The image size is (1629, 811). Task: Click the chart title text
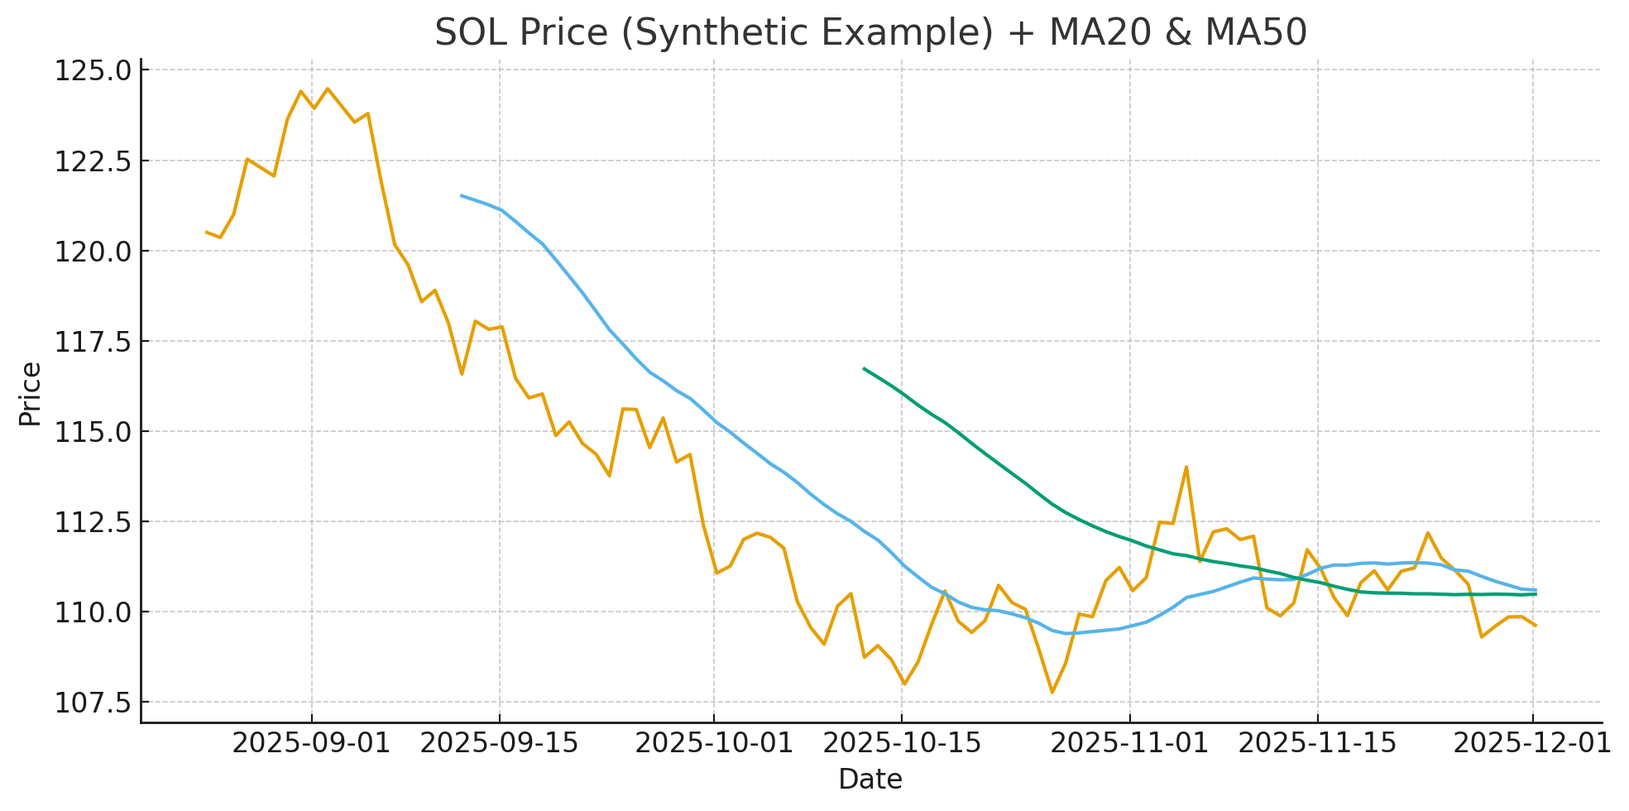click(x=870, y=33)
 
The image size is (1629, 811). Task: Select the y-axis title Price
click(x=30, y=394)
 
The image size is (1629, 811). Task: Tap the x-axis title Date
click(x=870, y=780)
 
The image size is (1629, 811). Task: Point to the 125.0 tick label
click(x=93, y=71)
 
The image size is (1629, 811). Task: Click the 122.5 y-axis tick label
click(x=93, y=161)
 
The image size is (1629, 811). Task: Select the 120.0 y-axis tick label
click(x=93, y=252)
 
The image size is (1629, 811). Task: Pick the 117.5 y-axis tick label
click(x=93, y=342)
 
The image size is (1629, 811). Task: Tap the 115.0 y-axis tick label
click(x=93, y=432)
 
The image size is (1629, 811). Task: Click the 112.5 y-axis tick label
click(x=93, y=522)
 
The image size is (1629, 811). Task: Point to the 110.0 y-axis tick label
click(x=93, y=612)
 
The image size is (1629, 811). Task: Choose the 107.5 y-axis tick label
click(x=93, y=703)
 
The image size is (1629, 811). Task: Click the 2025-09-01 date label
click(x=311, y=743)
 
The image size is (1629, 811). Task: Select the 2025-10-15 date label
click(x=903, y=743)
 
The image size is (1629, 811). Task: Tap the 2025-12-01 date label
click(x=1532, y=743)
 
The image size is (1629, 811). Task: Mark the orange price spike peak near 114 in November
click(x=1186, y=467)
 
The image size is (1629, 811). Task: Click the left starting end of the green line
click(x=864, y=368)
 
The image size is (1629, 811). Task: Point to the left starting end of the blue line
click(x=461, y=195)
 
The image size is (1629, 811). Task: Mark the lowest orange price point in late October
click(x=1052, y=693)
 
